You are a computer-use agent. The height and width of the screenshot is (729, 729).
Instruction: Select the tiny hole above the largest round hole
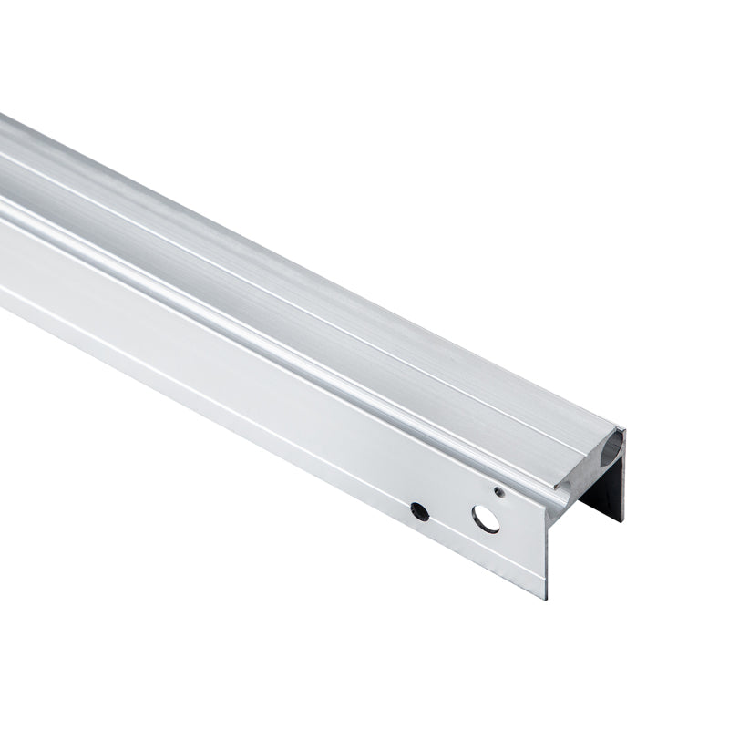click(x=498, y=493)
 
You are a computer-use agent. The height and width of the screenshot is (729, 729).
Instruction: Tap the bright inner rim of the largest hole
click(x=491, y=526)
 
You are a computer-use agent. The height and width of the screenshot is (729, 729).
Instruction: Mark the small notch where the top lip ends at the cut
click(x=621, y=432)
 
